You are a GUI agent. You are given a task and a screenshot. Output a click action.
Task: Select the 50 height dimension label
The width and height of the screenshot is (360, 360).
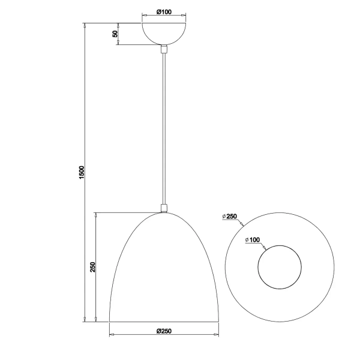(115, 34)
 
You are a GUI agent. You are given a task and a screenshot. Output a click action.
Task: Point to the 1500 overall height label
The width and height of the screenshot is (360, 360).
(82, 172)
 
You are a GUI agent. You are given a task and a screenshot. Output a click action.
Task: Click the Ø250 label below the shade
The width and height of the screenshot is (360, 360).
(164, 331)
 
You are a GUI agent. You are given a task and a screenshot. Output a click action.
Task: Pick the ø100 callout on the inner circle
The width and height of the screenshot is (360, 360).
(253, 240)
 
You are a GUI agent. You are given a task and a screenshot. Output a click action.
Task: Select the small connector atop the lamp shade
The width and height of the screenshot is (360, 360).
(163, 208)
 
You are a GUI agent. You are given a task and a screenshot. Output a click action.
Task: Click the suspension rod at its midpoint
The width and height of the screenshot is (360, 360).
(163, 129)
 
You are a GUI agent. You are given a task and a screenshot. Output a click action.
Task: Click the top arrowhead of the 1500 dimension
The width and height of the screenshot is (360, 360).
(86, 25)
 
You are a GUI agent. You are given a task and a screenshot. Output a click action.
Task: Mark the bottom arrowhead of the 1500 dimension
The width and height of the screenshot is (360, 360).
(86, 320)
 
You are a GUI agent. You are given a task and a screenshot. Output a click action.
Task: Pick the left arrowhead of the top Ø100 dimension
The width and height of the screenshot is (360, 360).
(143, 16)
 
